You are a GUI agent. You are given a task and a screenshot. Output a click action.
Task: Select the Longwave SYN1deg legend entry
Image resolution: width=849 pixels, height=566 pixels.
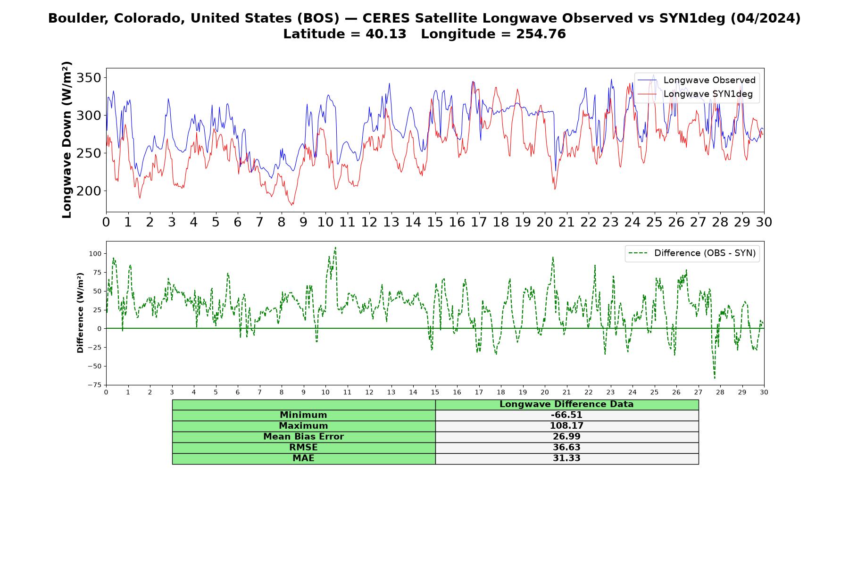click(695, 94)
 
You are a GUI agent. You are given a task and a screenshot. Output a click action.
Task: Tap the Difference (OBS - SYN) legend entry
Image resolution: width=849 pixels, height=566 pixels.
click(692, 253)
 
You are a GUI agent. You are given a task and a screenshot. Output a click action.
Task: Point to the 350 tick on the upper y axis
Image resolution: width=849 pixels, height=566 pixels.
click(89, 78)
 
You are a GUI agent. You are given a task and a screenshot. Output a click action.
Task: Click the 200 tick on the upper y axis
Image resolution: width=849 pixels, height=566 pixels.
click(89, 191)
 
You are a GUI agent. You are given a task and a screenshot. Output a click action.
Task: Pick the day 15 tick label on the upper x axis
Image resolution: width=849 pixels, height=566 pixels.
click(435, 222)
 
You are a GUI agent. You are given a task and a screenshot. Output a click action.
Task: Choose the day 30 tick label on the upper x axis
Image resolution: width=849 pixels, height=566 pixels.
click(764, 222)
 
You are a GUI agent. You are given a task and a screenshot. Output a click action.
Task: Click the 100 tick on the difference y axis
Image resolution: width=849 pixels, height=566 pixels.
click(95, 253)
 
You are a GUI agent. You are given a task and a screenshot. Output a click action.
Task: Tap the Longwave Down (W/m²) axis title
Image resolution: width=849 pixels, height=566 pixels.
click(67, 140)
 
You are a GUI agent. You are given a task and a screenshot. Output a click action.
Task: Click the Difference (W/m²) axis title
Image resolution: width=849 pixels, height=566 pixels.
click(80, 313)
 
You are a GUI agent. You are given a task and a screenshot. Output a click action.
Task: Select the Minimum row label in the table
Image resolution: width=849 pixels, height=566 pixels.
click(303, 415)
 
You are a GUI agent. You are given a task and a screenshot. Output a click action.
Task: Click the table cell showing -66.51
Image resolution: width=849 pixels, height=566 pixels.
click(566, 415)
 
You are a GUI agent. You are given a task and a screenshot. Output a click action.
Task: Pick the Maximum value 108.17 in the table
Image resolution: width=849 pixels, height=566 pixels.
click(566, 426)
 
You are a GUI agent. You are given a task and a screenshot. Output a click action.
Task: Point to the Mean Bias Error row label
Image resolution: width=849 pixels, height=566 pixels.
click(303, 437)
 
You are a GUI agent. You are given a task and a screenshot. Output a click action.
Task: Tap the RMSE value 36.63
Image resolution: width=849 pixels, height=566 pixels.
click(566, 448)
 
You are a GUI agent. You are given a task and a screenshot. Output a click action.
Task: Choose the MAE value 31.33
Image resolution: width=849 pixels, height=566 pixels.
click(566, 458)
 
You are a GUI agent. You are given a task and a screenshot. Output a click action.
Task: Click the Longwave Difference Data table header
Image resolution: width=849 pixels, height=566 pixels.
click(566, 404)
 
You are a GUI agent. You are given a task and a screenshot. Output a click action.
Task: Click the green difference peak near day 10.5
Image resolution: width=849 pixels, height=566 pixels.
click(335, 247)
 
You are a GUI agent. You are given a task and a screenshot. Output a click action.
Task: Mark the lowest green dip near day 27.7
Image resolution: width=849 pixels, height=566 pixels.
click(715, 378)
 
